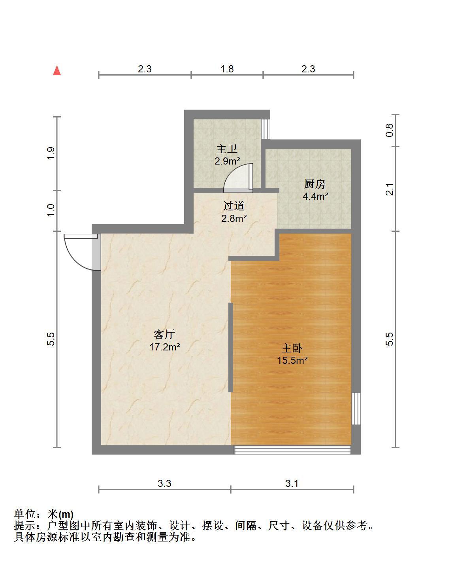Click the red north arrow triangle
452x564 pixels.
pos(57,71)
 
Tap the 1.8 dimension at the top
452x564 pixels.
pos(227,69)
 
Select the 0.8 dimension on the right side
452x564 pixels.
pos(390,130)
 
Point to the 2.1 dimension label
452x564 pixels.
pos(390,189)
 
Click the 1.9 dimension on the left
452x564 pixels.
pos(51,153)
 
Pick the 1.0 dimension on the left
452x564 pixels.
pos(51,210)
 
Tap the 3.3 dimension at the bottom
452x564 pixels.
pos(164,483)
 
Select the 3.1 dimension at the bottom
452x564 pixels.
pos(292,483)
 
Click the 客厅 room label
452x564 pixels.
pos(164,335)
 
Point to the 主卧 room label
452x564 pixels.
pos(292,348)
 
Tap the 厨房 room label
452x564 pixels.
pos(315,184)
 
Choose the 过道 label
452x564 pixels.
pos(234,206)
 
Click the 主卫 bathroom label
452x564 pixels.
pos(227,149)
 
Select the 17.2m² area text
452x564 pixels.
pos(164,347)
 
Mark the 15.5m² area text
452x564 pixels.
pos(292,360)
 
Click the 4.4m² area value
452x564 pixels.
pos(315,196)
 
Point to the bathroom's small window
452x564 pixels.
pos(265,129)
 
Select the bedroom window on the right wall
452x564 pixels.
pos(356,408)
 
